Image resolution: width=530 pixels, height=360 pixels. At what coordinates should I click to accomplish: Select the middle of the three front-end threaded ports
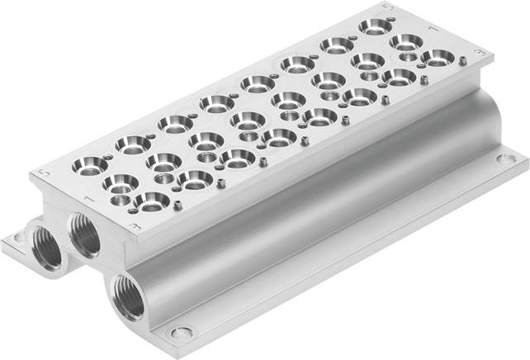(85, 233)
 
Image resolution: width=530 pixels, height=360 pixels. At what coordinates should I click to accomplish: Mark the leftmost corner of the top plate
(32, 175)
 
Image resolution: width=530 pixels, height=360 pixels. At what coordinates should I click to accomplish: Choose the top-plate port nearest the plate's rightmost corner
(438, 57)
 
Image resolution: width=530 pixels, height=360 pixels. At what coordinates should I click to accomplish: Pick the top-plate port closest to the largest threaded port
(152, 201)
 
